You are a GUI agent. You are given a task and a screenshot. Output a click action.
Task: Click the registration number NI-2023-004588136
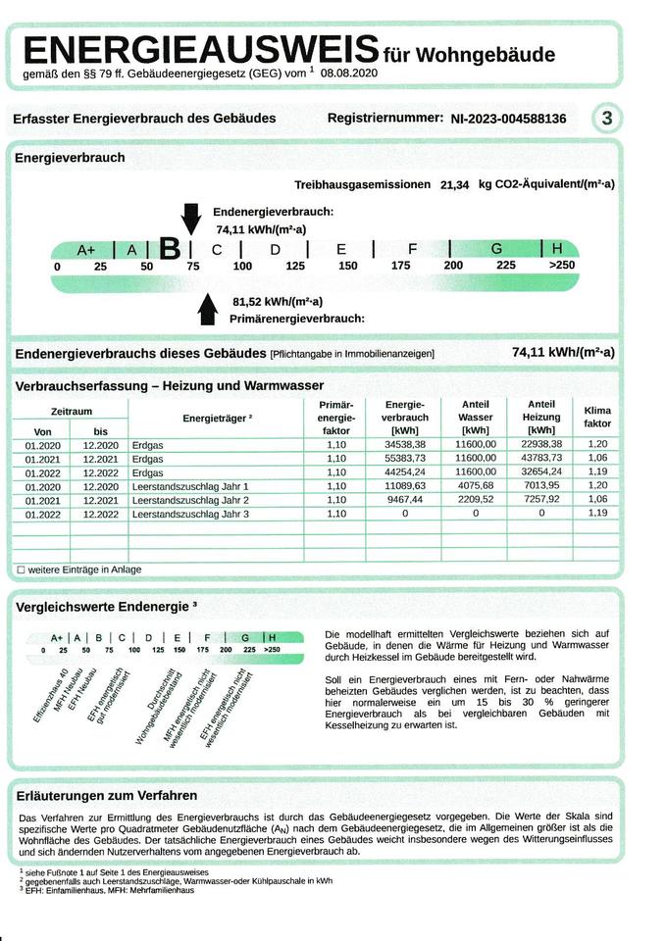(508, 120)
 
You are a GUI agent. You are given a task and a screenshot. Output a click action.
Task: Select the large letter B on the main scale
(170, 249)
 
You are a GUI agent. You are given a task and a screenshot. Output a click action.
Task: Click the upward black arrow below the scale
(207, 309)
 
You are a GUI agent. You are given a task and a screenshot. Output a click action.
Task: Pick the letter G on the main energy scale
(496, 249)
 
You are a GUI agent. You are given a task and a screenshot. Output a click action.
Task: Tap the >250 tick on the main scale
(561, 266)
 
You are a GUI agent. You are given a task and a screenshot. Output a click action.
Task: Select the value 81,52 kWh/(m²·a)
(278, 302)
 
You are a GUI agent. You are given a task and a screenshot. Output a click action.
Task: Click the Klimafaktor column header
(596, 417)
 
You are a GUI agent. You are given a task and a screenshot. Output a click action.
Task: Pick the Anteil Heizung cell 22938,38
(540, 444)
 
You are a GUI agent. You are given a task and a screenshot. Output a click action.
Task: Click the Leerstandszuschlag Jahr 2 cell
(190, 499)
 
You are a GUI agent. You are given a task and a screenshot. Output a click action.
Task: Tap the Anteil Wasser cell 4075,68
(475, 485)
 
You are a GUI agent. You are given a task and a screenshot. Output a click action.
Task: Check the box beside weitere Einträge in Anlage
(20, 570)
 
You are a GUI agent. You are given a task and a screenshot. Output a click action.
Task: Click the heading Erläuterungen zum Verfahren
(107, 795)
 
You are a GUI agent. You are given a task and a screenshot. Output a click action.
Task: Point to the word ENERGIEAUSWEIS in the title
(201, 50)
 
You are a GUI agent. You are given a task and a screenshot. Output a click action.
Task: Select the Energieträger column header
(217, 418)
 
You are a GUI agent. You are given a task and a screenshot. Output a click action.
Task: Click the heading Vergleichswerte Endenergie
(106, 607)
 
